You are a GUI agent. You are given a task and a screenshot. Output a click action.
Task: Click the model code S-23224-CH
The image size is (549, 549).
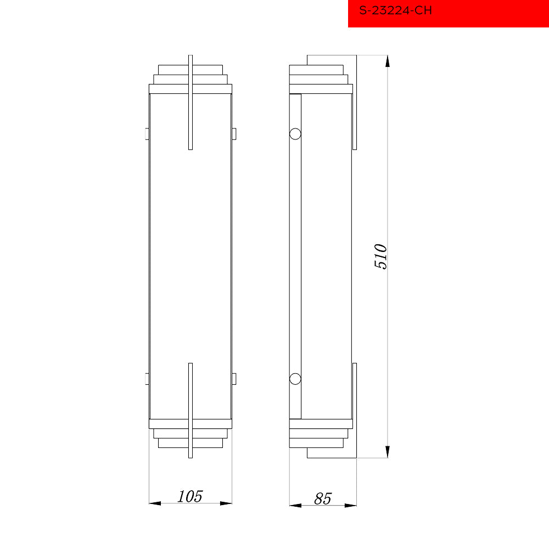click(395, 10)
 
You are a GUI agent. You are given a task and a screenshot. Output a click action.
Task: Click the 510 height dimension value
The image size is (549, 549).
click(380, 256)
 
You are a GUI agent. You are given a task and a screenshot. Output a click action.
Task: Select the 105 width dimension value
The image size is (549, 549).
click(190, 496)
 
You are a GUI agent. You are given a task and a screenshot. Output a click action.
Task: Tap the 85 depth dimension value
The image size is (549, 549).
click(322, 498)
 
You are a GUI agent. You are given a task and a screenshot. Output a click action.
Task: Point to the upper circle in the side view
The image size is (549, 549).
click(295, 134)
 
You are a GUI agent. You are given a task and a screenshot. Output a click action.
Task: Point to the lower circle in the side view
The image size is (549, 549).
click(295, 379)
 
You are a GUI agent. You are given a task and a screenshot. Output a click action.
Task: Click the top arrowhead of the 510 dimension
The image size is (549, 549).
click(387, 61)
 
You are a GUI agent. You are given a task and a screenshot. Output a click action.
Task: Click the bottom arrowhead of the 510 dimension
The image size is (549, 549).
click(387, 452)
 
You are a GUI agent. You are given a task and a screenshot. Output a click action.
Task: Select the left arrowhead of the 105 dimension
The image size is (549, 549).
click(155, 503)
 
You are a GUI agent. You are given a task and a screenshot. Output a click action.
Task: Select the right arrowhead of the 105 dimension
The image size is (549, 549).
click(226, 503)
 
